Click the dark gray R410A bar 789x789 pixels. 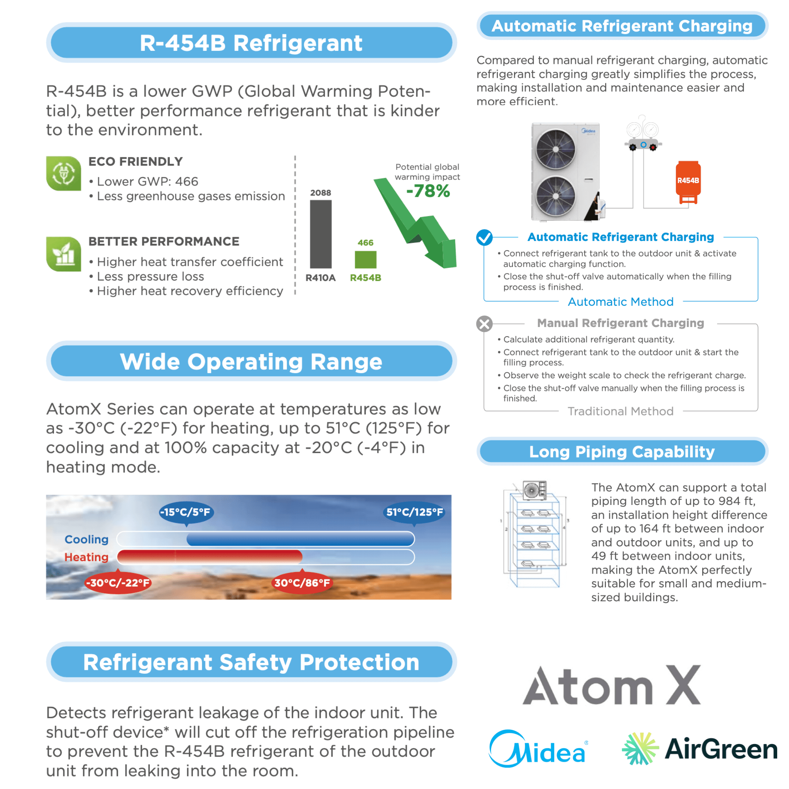point(321,234)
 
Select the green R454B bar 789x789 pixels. point(366,259)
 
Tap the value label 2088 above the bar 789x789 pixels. point(321,193)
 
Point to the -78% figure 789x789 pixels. point(428,191)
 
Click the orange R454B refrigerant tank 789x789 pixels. point(688,182)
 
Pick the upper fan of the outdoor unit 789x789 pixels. point(555,149)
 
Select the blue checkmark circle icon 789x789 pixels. point(484,237)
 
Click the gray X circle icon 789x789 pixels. point(484,324)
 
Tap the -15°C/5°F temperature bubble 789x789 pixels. point(185,512)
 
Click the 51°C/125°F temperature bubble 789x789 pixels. point(415,512)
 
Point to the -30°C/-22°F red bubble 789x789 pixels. point(118,583)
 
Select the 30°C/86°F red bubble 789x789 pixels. point(302,583)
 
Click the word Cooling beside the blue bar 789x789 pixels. point(86,539)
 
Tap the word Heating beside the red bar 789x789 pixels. point(86,557)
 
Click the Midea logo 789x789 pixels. point(538,749)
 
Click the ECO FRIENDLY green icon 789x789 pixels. point(64,174)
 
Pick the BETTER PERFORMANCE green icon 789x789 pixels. point(64,254)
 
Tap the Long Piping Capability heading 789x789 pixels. point(622,452)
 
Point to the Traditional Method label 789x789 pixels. point(620,411)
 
